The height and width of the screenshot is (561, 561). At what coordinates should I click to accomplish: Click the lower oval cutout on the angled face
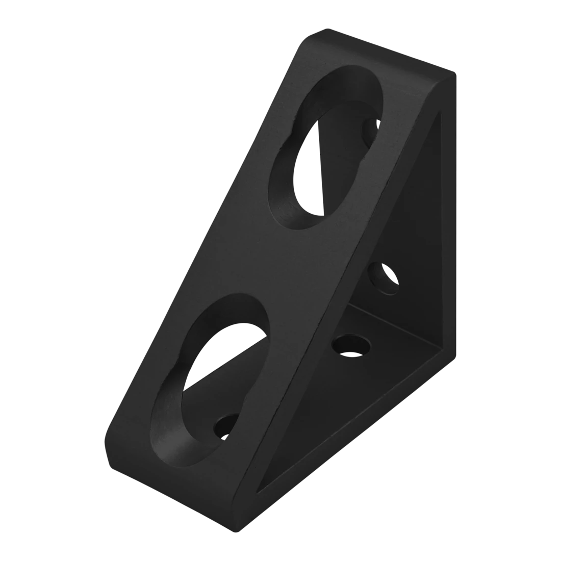coord(214,377)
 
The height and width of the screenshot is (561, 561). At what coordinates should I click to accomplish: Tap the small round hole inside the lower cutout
coord(224,426)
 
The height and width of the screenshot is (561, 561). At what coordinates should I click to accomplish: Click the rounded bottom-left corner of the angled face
coord(110,459)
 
